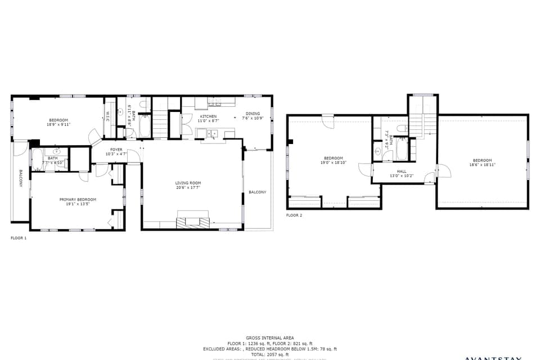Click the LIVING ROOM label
(x=188, y=183)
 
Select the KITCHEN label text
(x=208, y=116)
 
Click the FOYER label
(x=116, y=150)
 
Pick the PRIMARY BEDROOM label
(x=78, y=199)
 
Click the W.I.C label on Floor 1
(x=107, y=117)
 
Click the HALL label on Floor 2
(x=402, y=171)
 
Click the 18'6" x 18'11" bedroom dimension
(x=483, y=165)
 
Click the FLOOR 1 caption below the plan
(x=19, y=238)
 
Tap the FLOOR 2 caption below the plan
(x=294, y=215)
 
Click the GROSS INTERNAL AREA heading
(x=269, y=337)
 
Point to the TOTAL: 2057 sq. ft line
(x=269, y=354)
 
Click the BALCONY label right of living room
(x=258, y=192)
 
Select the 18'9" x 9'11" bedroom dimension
(x=58, y=124)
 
